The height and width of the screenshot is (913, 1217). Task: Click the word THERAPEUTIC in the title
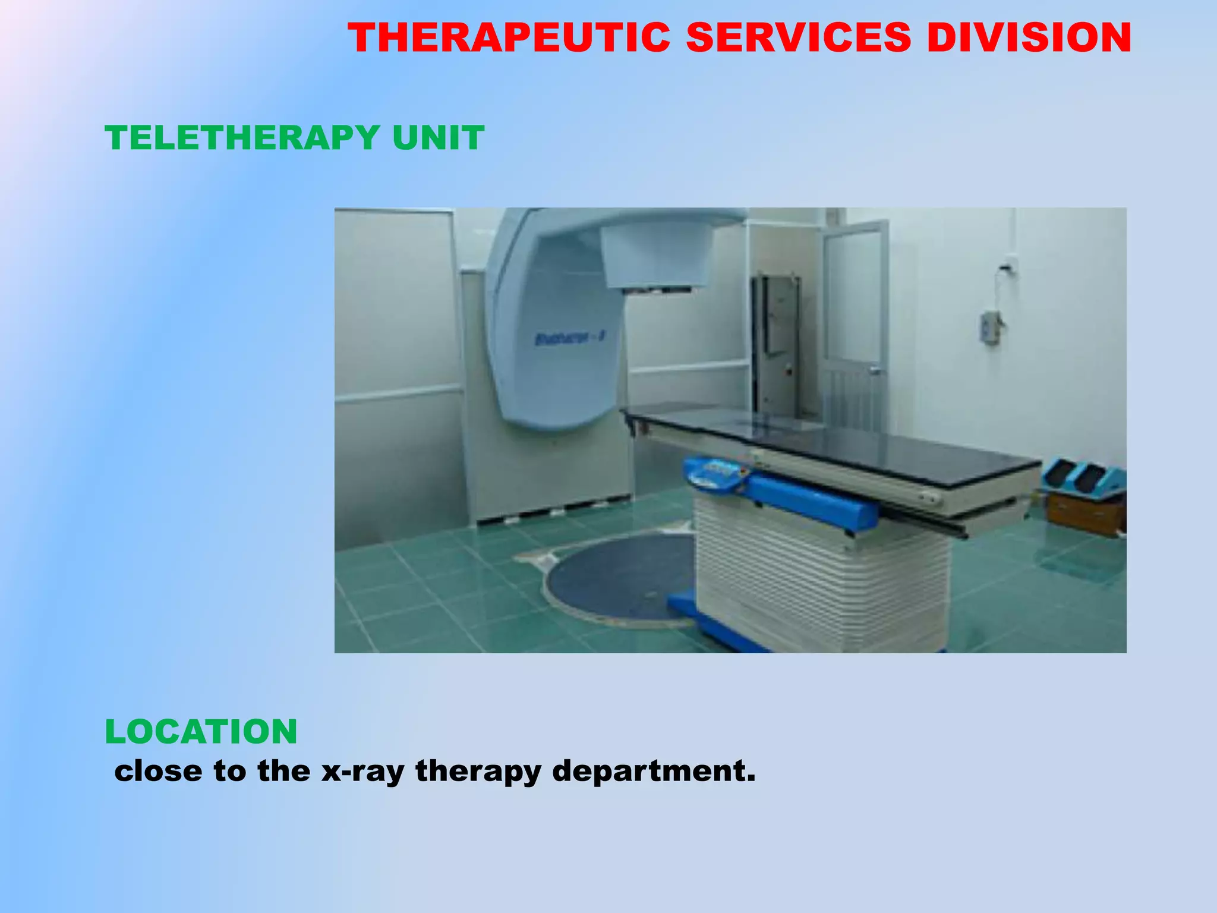coord(509,38)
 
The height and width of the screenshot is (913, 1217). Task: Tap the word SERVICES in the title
coord(798,38)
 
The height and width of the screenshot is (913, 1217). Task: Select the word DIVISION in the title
coord(1029,38)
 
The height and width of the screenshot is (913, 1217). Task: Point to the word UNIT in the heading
coord(438,138)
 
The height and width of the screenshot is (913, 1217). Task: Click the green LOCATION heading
coord(201,731)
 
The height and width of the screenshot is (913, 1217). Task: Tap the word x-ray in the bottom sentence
coord(362,771)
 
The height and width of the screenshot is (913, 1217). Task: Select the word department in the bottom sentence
coord(654,771)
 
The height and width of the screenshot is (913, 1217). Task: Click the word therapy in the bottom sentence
coord(478,771)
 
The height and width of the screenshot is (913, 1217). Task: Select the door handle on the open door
coord(875,370)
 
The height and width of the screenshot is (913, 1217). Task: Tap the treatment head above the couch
coord(657,259)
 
